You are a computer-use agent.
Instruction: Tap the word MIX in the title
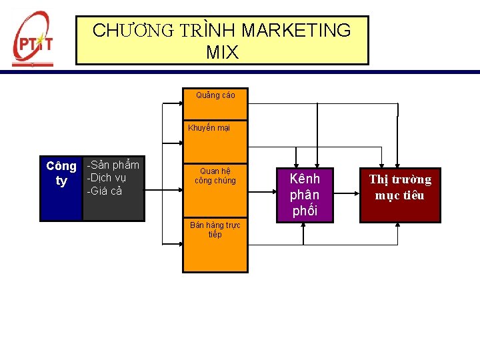[222, 52]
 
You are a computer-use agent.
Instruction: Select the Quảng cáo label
[215, 95]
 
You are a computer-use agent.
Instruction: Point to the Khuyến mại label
[209, 128]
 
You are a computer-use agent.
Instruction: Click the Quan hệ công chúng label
[215, 175]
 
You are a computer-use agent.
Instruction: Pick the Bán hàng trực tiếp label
[215, 230]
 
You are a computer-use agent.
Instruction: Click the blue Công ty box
[61, 190]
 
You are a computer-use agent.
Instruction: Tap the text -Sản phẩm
[113, 165]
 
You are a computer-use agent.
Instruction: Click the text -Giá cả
[105, 191]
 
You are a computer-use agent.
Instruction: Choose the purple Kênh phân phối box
[305, 195]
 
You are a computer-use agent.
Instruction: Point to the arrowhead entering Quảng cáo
[179, 104]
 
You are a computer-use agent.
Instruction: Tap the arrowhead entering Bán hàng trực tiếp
[179, 245]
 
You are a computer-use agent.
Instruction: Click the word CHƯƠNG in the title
[133, 31]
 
